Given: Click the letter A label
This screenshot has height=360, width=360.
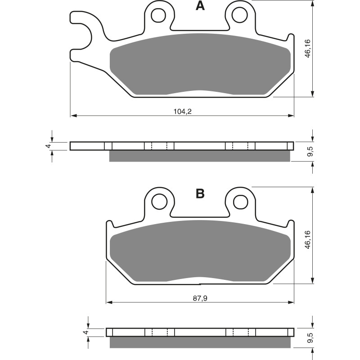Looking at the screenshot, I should (x=200, y=6).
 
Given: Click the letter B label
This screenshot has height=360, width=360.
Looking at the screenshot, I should (x=200, y=194).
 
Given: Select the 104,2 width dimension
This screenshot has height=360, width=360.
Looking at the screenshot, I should (x=182, y=111).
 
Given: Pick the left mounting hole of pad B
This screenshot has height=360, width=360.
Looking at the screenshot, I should (x=158, y=202).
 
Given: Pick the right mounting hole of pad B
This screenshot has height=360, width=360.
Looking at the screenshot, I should (x=239, y=202).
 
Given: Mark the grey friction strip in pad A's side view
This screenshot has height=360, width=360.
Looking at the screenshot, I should (x=200, y=156).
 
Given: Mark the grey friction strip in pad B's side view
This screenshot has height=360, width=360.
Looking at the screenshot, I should (x=200, y=342).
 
